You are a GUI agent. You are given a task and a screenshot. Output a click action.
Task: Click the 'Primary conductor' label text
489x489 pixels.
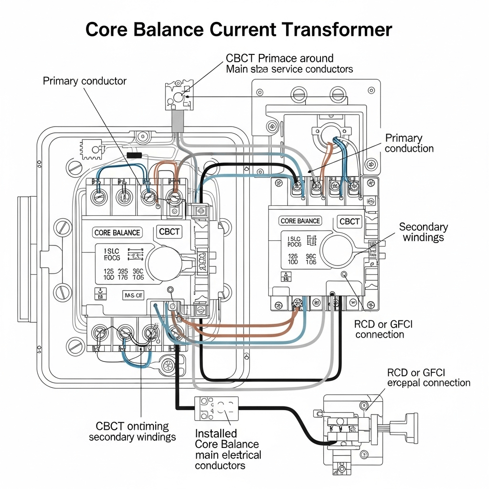pos(85,81)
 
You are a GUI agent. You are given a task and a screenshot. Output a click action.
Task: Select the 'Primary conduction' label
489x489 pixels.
pos(409,143)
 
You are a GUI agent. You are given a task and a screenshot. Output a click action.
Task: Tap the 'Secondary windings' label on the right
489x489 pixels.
pos(423,232)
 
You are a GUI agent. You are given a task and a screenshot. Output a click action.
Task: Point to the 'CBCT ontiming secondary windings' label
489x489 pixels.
pos(132,431)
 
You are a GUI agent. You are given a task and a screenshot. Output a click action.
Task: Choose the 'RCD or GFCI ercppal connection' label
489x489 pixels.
pos(428,377)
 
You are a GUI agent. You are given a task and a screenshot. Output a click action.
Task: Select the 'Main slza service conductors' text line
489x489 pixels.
pos(289,69)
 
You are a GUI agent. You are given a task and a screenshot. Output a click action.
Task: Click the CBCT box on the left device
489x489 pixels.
pos(169,232)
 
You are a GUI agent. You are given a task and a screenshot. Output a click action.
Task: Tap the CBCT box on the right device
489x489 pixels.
pos(350,222)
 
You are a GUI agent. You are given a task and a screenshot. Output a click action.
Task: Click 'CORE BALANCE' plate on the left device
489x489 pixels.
pos(117,233)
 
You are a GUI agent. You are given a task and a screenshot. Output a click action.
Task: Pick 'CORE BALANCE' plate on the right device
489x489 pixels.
pos(300,221)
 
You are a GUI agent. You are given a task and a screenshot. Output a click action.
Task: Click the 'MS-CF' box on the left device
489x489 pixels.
pos(133,295)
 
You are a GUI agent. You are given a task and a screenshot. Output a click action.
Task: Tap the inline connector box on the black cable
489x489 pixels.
pos(216,408)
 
